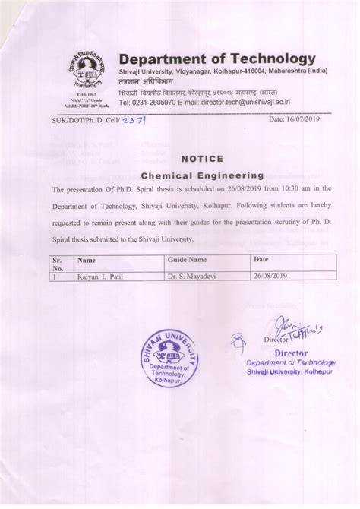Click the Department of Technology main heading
(216, 60)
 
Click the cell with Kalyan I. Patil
(99, 277)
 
